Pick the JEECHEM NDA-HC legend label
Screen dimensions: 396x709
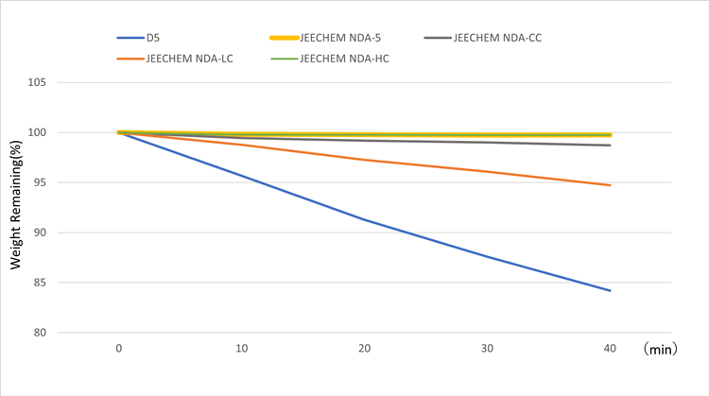click(x=344, y=59)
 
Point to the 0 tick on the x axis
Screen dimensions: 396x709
click(x=118, y=349)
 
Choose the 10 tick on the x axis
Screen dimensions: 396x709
click(x=241, y=349)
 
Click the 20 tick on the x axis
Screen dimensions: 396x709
click(x=364, y=349)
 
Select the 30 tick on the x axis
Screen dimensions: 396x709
click(x=487, y=349)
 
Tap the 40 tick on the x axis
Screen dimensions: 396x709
click(x=610, y=349)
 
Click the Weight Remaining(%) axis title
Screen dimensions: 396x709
click(x=16, y=208)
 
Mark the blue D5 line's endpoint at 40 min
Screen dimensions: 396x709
click(x=610, y=290)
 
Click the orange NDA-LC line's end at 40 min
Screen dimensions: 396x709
click(x=610, y=185)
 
